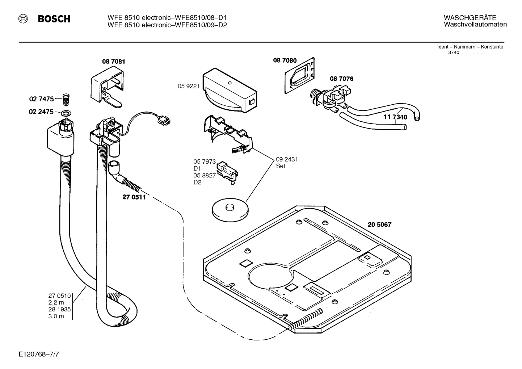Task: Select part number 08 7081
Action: pyautogui.click(x=113, y=62)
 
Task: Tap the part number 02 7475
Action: pyautogui.click(x=41, y=98)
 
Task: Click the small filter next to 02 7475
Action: pyautogui.click(x=66, y=98)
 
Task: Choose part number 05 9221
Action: pyautogui.click(x=188, y=86)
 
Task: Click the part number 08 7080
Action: pyautogui.click(x=285, y=60)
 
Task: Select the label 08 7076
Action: pyautogui.click(x=341, y=79)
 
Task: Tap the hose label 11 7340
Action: pyautogui.click(x=395, y=117)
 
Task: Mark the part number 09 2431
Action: pyautogui.click(x=287, y=159)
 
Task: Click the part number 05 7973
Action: pyautogui.click(x=204, y=162)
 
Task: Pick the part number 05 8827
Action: pyautogui.click(x=204, y=175)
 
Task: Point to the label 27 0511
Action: pyautogui.click(x=134, y=197)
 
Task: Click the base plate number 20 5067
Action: pyautogui.click(x=379, y=225)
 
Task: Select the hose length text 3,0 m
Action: pyautogui.click(x=56, y=316)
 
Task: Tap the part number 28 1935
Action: pyautogui.click(x=59, y=309)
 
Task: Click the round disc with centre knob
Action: pyautogui.click(x=230, y=209)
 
